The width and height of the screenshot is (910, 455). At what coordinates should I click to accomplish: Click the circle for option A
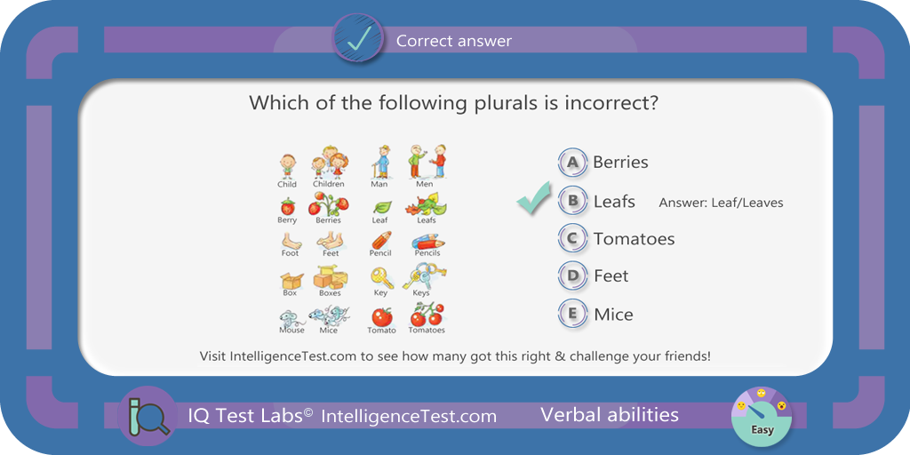point(573,163)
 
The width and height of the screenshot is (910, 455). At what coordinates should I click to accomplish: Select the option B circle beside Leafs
point(573,201)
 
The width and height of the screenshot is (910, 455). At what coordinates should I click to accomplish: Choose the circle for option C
point(573,238)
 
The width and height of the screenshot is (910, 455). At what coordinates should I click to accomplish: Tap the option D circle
point(573,275)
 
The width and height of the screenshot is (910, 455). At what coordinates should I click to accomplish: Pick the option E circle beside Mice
point(573,314)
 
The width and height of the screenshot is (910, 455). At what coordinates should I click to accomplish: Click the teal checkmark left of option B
point(534,197)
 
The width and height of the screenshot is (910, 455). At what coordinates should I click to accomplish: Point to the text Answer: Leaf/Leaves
point(721,203)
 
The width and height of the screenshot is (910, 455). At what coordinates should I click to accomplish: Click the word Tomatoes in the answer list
point(634,238)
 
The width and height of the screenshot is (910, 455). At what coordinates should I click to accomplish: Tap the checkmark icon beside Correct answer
point(357,39)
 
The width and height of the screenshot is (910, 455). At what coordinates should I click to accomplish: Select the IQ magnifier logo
point(147,416)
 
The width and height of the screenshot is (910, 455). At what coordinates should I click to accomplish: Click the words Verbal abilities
point(610,414)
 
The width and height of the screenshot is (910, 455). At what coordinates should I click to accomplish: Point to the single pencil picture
point(380,240)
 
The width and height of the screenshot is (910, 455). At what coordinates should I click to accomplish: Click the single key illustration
point(382,278)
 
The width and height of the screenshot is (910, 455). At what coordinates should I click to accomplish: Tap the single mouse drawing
point(291,318)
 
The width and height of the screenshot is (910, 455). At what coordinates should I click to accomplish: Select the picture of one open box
point(291,282)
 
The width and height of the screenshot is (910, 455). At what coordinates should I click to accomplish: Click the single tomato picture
point(382,317)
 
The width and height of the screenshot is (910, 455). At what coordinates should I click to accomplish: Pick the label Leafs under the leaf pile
point(426,220)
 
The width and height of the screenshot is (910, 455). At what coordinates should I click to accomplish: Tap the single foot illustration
point(291,240)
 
